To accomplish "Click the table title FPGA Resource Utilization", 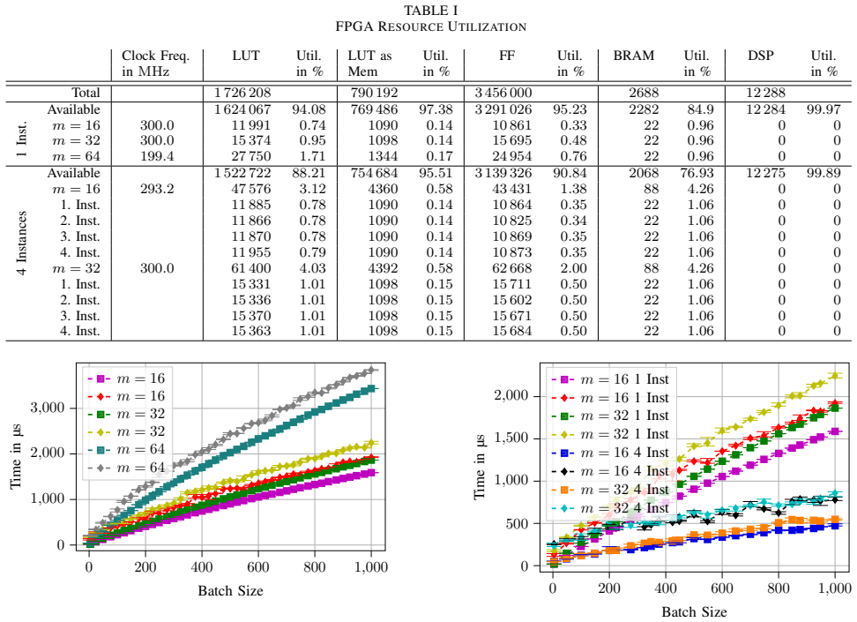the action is coord(430,26).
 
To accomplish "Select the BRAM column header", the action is coord(633,56).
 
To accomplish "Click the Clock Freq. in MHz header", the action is coord(155,64).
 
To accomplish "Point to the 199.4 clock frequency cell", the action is coord(157,156).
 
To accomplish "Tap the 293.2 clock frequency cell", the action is coord(157,189).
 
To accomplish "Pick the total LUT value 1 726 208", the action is coord(242,93).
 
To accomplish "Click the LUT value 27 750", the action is coord(251,156).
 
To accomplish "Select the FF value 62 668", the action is coord(511,268).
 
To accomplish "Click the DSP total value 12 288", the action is coord(765,93).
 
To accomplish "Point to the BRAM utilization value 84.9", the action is coord(700,109).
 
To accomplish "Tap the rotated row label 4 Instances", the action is coord(22,243).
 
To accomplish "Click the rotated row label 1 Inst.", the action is coord(22,140).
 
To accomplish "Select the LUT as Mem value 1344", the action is coord(383,156).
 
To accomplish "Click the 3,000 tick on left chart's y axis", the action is coord(48,408).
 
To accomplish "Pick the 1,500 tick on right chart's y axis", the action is coord(511,438).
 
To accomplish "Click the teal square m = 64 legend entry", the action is coord(126,449).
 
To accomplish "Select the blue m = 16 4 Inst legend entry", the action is coord(610,453).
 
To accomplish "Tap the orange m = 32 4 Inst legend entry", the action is coord(610,490).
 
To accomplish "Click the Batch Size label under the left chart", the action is coord(231,591).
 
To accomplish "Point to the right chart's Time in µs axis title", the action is coord(480,467).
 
